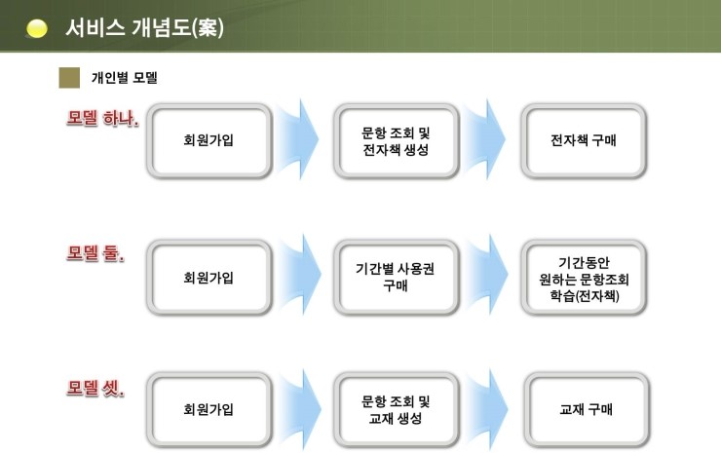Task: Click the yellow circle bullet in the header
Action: point(36,28)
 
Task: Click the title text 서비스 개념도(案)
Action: point(145,27)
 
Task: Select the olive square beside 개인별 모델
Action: point(69,77)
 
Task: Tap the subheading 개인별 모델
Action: point(125,77)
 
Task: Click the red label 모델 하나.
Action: point(102,118)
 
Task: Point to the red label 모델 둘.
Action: point(95,253)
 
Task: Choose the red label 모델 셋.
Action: point(95,388)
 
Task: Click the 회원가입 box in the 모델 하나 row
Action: point(209,140)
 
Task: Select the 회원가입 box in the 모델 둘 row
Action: point(209,278)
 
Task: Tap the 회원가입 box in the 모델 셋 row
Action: point(209,409)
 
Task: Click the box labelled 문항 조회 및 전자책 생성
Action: point(396,140)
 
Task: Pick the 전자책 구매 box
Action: point(584,140)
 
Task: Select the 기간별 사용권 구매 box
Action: point(396,278)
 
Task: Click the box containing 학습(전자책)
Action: point(584,278)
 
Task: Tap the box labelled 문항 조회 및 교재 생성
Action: point(396,409)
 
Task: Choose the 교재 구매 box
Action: point(587,409)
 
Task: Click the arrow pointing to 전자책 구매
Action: point(486,139)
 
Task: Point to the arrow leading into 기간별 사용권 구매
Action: point(300,275)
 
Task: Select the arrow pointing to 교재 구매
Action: point(488,409)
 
